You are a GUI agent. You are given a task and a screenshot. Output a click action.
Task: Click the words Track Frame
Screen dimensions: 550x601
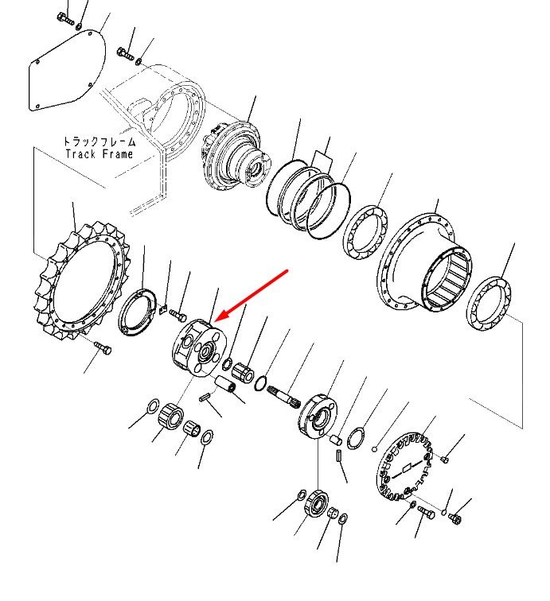click(99, 154)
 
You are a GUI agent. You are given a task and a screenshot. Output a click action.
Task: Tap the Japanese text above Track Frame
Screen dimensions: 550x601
click(99, 142)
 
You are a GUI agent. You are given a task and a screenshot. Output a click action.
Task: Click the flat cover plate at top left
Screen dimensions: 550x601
click(67, 71)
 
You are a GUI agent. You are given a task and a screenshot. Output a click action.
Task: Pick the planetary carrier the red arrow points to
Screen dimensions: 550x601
click(199, 347)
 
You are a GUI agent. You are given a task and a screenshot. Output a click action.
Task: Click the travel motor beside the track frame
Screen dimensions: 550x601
click(236, 156)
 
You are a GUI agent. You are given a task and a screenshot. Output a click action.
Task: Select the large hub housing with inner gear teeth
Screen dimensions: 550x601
click(424, 263)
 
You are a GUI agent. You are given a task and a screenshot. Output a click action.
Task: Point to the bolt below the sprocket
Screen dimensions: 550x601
click(103, 347)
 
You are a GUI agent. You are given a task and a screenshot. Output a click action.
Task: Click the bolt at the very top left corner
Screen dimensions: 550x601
click(64, 18)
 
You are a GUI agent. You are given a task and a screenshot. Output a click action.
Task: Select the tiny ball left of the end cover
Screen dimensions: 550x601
click(375, 449)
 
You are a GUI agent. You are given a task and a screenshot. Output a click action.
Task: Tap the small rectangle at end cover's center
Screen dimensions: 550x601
click(407, 467)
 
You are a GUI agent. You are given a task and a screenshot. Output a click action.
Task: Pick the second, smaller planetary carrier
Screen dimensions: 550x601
click(318, 417)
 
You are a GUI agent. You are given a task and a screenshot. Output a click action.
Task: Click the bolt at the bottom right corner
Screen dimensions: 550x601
click(454, 518)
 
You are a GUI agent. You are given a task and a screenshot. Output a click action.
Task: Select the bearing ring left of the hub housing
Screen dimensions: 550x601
click(365, 232)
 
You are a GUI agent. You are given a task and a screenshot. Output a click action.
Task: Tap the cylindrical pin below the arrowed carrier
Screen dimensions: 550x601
click(225, 384)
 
